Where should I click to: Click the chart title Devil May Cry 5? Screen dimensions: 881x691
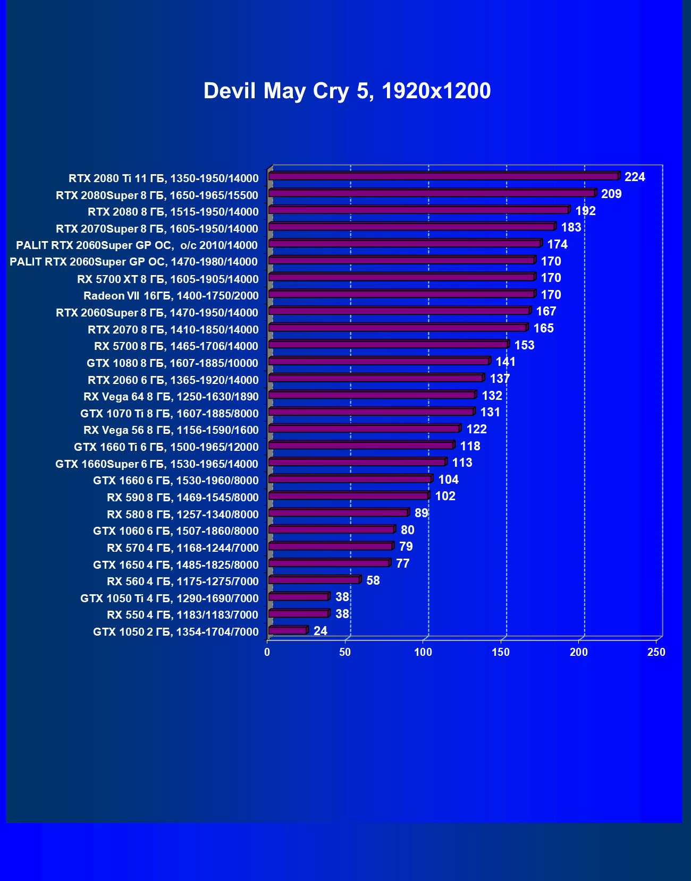(347, 91)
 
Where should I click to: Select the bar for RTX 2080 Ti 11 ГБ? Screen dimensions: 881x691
(443, 176)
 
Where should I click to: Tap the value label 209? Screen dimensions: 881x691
(611, 194)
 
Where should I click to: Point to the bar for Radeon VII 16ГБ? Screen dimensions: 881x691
(401, 294)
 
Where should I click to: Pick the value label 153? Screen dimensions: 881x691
(524, 345)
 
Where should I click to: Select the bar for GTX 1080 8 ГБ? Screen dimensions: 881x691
(378, 362)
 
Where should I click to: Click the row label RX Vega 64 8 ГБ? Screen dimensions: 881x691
(171, 397)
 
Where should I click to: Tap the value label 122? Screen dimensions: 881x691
(476, 429)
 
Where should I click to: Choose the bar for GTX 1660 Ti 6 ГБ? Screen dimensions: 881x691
(361, 446)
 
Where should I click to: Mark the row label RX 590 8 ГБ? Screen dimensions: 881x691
(182, 498)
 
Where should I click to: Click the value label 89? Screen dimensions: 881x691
(421, 513)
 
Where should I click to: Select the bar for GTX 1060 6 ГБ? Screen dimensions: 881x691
(331, 530)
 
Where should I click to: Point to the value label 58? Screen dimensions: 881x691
(373, 580)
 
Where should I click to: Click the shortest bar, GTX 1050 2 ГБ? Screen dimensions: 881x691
(288, 631)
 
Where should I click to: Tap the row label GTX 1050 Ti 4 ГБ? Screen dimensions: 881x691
(169, 598)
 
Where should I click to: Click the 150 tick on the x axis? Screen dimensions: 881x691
(501, 652)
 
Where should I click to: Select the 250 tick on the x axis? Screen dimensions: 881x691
(656, 652)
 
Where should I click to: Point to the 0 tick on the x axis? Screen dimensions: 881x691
(267, 652)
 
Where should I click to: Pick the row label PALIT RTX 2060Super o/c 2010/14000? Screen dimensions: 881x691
(137, 245)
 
